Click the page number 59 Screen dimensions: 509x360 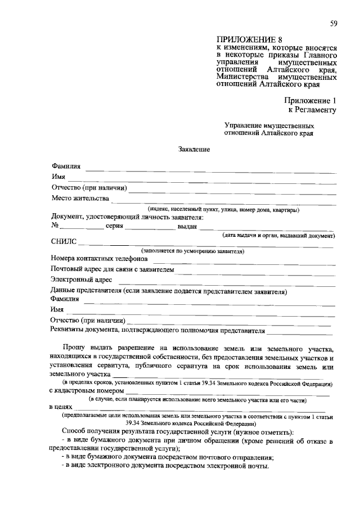point(334,23)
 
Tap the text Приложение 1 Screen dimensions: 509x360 point(310,100)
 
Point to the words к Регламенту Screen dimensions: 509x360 point(312,110)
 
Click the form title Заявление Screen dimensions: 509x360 point(194,150)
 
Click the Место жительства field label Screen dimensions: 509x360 point(79,199)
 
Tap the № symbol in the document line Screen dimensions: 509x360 point(55,226)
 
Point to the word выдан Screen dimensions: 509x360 point(187,226)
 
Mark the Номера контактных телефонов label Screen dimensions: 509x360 point(99,259)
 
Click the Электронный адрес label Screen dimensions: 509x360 point(81,280)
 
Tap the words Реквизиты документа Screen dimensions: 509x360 point(84,330)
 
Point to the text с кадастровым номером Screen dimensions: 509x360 point(85,390)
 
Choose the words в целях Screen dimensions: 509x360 point(61,407)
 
